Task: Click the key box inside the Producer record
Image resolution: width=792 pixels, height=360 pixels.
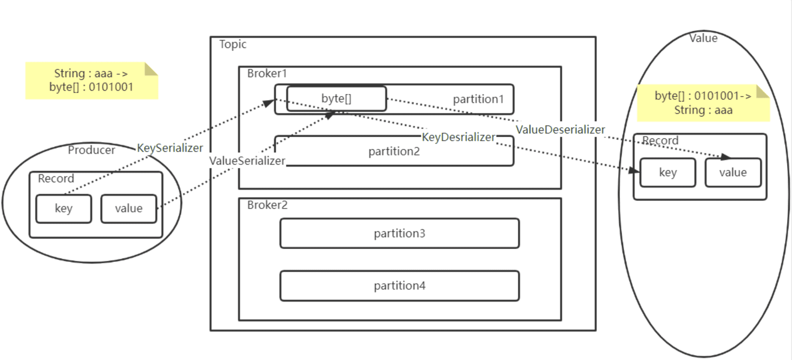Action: coord(64,208)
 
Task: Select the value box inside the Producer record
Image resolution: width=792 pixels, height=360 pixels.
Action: coord(129,208)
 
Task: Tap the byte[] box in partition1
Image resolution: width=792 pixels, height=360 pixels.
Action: coord(336,99)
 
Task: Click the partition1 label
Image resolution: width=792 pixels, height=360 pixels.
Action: coord(478,100)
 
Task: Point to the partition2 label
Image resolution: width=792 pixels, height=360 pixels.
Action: coord(394,152)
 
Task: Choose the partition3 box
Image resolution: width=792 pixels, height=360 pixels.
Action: coord(399,233)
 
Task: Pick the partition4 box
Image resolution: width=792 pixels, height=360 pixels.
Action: coord(399,286)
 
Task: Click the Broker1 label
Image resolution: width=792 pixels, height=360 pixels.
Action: coord(267,74)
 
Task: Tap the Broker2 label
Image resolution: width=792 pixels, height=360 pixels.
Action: coord(267,205)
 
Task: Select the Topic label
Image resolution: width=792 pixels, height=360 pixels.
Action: coord(233,44)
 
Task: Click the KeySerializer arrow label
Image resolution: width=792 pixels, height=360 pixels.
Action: coord(170,148)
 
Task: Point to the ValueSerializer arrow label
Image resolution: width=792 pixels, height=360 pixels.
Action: coord(247,161)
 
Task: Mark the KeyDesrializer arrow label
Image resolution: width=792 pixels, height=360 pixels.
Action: coord(458,137)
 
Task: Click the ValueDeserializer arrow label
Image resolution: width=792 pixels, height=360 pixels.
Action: coord(560,129)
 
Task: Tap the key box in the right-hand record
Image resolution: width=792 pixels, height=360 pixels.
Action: coord(668,173)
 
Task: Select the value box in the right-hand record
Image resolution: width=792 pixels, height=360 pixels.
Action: coord(733,173)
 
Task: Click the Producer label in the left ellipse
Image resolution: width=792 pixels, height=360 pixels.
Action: coord(91,150)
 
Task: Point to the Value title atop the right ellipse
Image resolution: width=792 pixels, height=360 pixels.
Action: coord(703,38)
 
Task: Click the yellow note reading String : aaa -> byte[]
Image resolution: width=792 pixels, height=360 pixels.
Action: coord(92,81)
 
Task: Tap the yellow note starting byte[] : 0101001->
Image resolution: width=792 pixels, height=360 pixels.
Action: coord(703,103)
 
